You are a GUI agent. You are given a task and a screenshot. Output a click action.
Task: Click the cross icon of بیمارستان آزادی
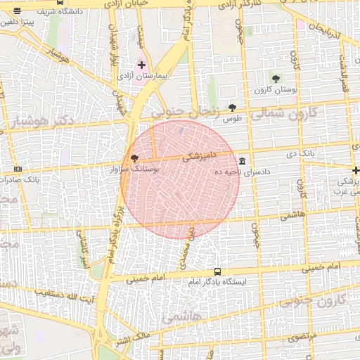pos(141,65)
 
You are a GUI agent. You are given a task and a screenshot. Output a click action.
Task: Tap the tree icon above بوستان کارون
pos(276,79)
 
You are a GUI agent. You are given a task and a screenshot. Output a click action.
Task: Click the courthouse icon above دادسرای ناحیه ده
pos(243,161)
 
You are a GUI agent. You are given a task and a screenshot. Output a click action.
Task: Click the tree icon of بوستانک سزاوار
pos(134,158)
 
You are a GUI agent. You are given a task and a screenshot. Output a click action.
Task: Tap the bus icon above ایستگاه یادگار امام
pos(217,271)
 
